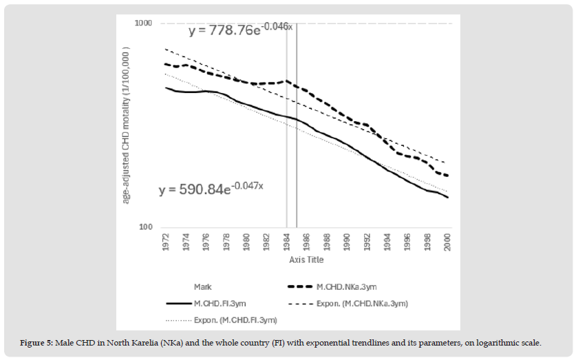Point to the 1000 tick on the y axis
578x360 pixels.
[x=142, y=23]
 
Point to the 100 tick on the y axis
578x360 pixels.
[x=144, y=228]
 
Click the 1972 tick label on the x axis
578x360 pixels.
[x=166, y=242]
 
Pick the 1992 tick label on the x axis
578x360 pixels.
[x=367, y=242]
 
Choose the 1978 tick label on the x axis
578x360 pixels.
[x=226, y=242]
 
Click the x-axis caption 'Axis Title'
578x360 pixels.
[x=306, y=260]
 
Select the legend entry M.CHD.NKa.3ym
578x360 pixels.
[x=347, y=286]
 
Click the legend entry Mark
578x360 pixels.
[x=203, y=286]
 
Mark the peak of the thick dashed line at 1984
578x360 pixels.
[x=287, y=81]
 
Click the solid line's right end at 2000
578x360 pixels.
[x=448, y=198]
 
